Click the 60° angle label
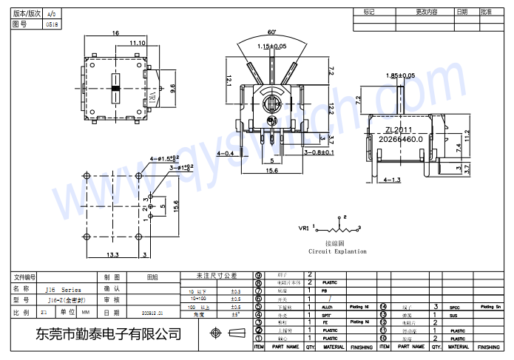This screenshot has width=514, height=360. (272, 33)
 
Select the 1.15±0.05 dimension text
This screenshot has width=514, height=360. (272, 47)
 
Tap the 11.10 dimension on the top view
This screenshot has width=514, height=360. (137, 44)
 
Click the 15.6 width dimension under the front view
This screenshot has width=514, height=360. (272, 171)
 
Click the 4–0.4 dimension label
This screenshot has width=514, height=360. (226, 153)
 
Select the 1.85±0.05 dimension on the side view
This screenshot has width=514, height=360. (401, 75)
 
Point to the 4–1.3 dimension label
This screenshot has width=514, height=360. (393, 180)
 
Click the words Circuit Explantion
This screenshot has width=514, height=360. (337, 251)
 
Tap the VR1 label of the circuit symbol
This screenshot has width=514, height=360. (304, 228)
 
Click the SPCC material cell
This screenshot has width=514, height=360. (454, 306)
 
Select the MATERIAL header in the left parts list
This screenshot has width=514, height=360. (334, 346)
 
